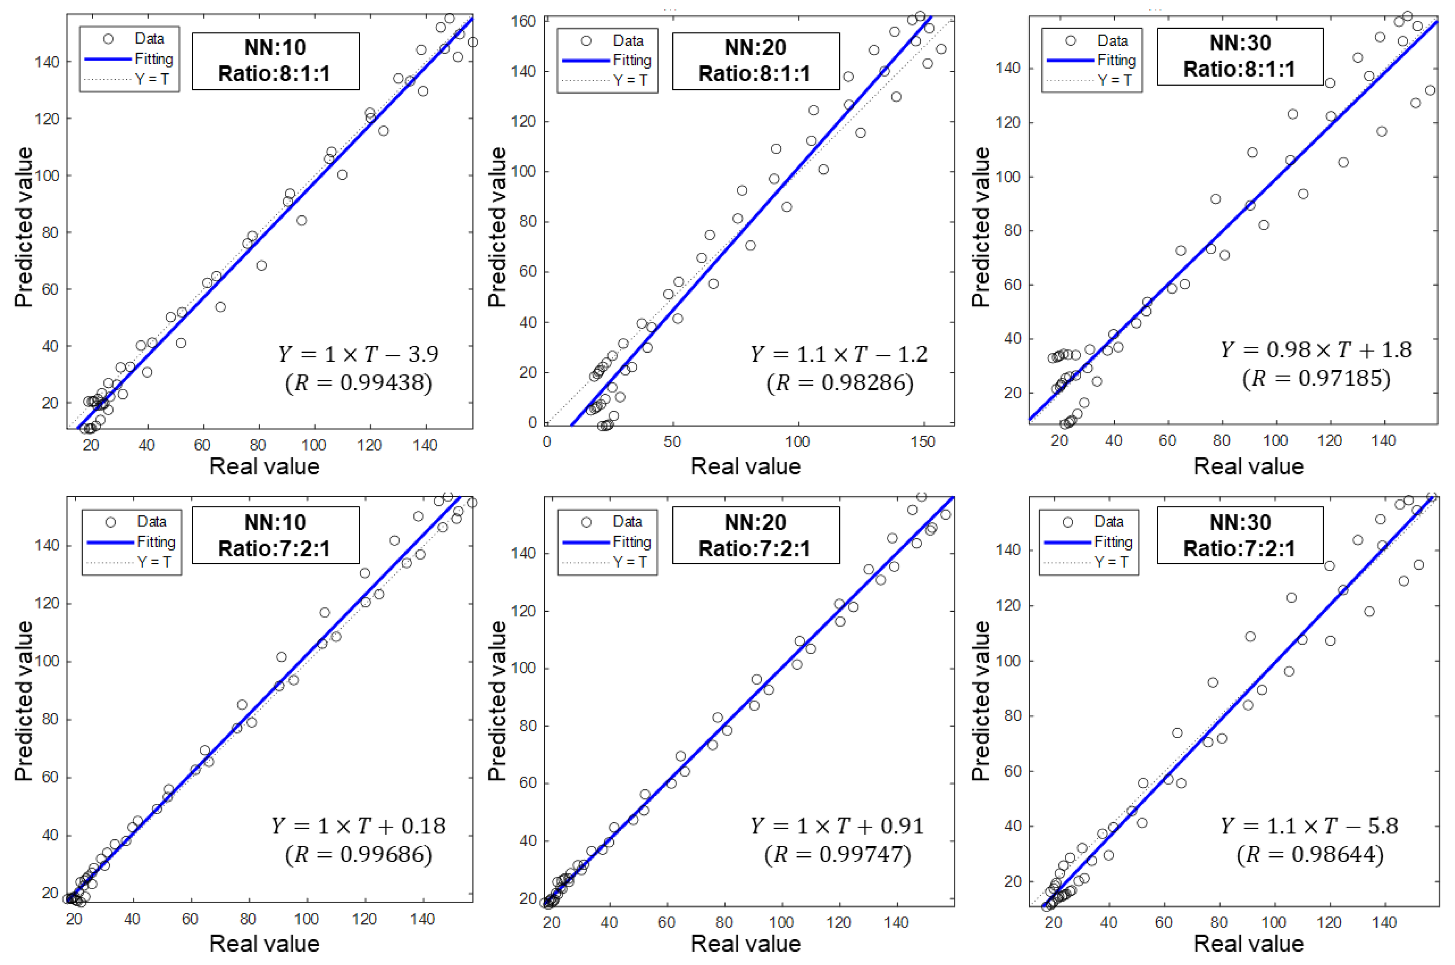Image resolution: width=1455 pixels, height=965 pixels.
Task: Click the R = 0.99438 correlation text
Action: (x=359, y=383)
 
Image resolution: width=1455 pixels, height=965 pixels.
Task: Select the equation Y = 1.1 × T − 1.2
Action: (x=838, y=354)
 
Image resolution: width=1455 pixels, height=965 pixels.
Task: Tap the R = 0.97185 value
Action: (x=1316, y=378)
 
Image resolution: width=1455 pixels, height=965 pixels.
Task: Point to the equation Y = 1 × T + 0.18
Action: (x=359, y=826)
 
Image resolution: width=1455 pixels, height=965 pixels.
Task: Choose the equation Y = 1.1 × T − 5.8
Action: (x=1309, y=826)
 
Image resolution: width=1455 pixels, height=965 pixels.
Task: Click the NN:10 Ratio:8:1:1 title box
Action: (x=275, y=61)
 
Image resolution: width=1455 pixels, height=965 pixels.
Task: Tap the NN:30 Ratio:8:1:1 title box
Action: (x=1240, y=56)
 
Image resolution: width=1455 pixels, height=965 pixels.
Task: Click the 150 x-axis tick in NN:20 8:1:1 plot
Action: (x=923, y=442)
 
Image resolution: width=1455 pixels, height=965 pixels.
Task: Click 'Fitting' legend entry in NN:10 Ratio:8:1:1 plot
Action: (x=154, y=59)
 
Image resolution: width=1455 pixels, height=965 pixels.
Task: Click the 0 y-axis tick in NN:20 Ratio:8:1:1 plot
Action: (x=532, y=423)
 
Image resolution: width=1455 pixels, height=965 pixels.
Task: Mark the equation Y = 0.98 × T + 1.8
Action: (x=1316, y=349)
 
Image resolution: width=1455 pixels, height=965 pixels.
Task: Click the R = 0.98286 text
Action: (x=839, y=383)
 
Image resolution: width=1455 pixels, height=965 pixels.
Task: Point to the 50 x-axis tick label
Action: (x=672, y=442)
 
